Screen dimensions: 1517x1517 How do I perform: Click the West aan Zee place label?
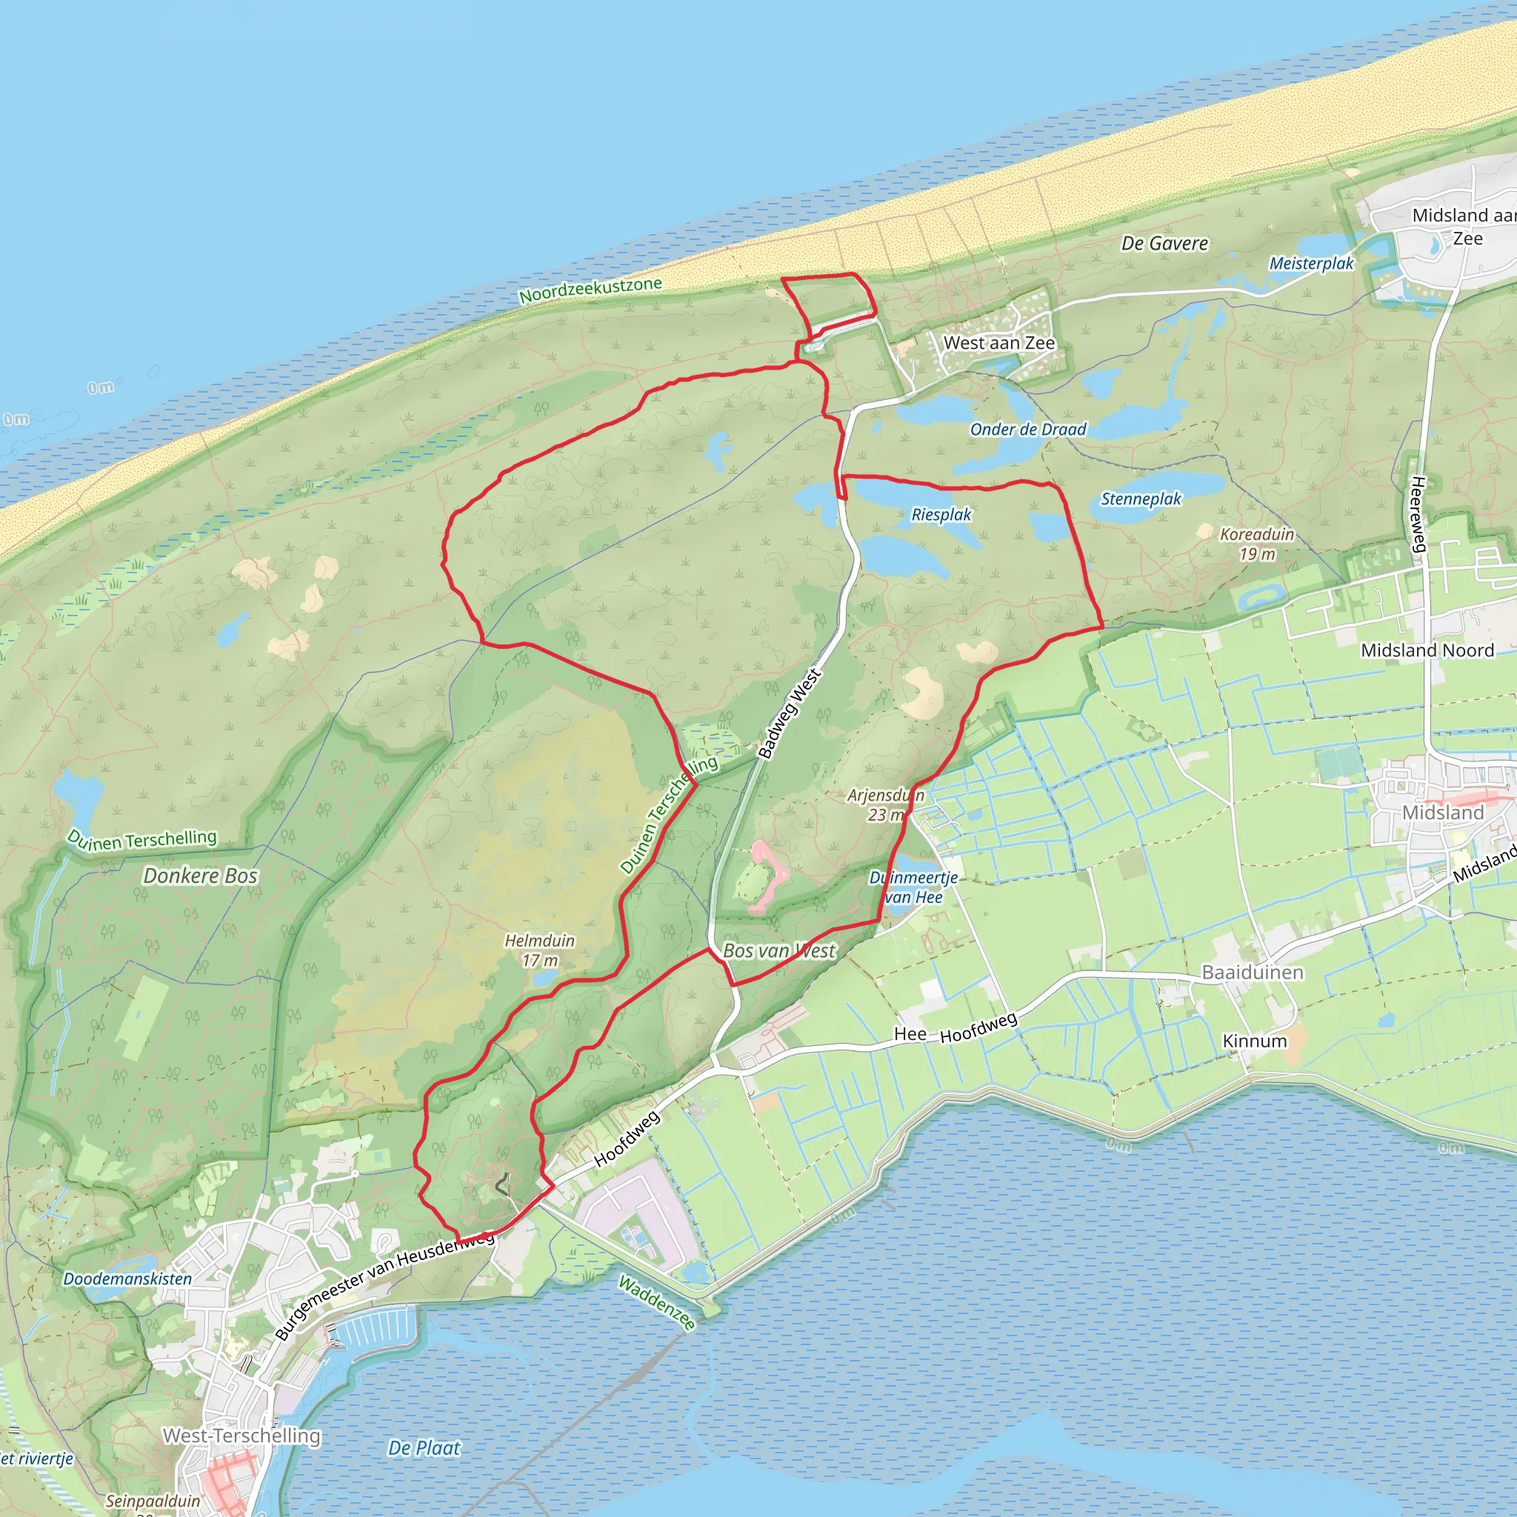[x=998, y=343]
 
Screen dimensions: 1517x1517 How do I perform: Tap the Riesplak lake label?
[x=941, y=515]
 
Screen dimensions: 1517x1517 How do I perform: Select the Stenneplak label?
[x=1140, y=499]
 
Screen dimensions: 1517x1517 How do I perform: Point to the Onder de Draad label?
[x=1028, y=430]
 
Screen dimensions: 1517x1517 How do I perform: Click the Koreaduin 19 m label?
[x=1256, y=544]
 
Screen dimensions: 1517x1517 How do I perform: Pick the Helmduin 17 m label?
[x=539, y=950]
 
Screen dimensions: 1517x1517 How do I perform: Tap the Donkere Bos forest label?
[x=200, y=876]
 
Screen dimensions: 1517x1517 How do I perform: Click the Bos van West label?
[x=779, y=951]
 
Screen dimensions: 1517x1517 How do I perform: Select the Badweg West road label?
[x=789, y=714]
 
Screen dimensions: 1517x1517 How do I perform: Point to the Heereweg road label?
[x=1417, y=514]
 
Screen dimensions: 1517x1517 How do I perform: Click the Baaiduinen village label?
[x=1253, y=973]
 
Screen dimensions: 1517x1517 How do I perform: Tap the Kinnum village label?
[x=1255, y=1041]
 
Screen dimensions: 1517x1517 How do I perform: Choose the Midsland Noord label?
[x=1427, y=650]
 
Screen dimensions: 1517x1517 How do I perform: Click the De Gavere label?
[x=1164, y=244]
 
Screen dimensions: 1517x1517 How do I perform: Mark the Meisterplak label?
[x=1311, y=264]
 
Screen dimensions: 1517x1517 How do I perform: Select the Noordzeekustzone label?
[x=590, y=290]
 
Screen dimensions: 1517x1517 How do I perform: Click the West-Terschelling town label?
[x=241, y=1436]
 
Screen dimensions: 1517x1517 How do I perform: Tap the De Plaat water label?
[x=424, y=1448]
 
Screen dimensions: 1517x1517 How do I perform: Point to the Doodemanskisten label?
[x=127, y=1279]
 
